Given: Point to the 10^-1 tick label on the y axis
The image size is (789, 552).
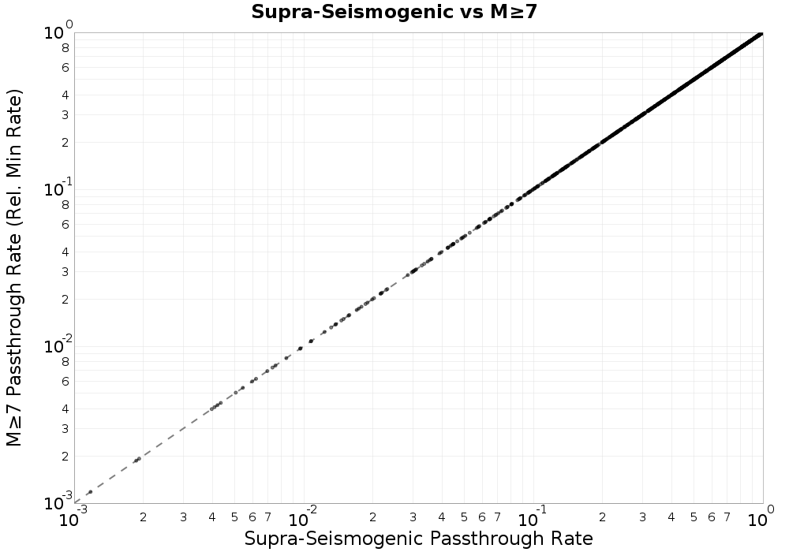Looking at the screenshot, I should [x=59, y=188].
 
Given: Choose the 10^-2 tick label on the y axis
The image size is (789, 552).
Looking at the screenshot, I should [x=59, y=345].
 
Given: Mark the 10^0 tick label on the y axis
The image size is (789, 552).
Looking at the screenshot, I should [x=59, y=32].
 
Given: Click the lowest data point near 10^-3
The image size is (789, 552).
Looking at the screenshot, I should [x=90, y=492].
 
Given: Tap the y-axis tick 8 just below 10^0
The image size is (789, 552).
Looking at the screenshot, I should [x=65, y=47].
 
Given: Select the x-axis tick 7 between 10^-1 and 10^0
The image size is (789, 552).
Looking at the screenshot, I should [x=727, y=517].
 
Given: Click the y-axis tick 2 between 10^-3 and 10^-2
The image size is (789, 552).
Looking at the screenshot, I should [x=65, y=456].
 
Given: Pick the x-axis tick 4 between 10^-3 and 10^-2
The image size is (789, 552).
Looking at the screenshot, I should [x=212, y=517].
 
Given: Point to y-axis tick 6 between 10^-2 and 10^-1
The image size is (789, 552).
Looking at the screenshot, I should [x=65, y=224].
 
